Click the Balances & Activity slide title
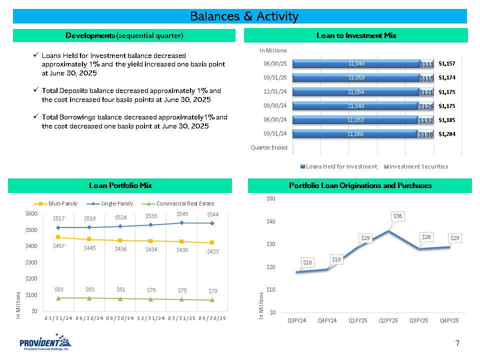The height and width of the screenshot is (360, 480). tap(244, 16)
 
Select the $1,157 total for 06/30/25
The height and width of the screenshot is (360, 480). tap(446, 64)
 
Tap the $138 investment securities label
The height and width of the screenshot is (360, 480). tap(425, 134)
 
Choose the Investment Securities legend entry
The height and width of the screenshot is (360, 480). tap(415, 166)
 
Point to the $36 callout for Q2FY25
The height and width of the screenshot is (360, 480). tap(397, 216)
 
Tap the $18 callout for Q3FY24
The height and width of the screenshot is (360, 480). tap(308, 262)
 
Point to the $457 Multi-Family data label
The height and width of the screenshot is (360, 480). tap(59, 245)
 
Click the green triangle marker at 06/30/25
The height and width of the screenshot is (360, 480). tap(212, 300)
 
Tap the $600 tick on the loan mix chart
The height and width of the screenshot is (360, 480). tap(31, 213)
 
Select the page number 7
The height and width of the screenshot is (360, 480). tap(457, 343)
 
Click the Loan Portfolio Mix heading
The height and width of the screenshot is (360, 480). tap(120, 185)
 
